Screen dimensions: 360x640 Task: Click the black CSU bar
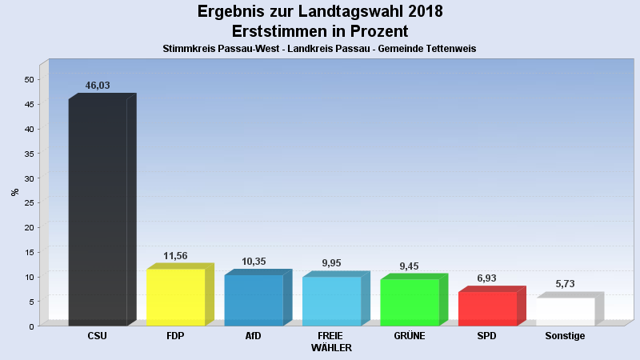pos(98,212)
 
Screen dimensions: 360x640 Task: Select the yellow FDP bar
pos(175,297)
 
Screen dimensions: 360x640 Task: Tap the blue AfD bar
pos(254,300)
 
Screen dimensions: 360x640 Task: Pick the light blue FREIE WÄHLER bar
pos(331,301)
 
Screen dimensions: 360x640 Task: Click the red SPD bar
pos(487,308)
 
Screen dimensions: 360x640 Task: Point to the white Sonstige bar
pos(566,311)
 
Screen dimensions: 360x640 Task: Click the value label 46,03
pos(98,86)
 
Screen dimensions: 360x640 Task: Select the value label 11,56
pos(175,256)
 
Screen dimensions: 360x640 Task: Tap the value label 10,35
pos(254,262)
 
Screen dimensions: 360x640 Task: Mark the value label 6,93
pos(487,278)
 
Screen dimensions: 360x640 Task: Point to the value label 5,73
pos(566,284)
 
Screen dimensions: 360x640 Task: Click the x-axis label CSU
pos(98,336)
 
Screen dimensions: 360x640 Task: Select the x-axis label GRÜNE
pos(410,336)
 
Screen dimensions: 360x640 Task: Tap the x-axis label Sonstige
pos(565,336)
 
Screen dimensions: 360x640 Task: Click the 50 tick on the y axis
pos(29,79)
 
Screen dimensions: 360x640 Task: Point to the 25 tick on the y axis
pos(29,202)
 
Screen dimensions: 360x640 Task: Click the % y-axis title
pos(14,192)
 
